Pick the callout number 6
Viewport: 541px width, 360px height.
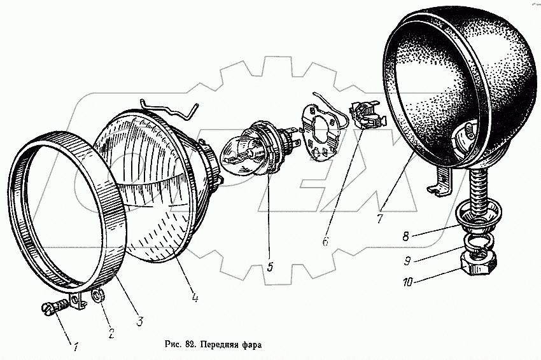point(325,241)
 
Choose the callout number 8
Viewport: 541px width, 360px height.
point(405,237)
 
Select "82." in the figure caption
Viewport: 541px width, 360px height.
point(189,344)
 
